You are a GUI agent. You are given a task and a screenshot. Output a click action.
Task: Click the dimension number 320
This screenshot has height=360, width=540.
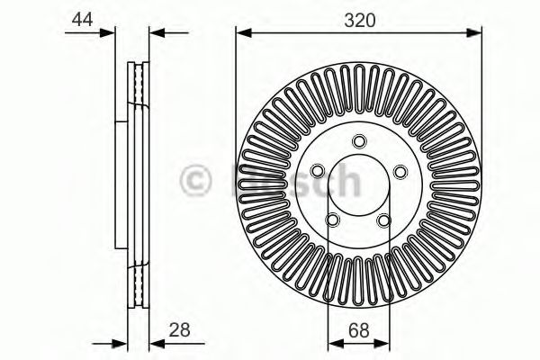pos(359,21)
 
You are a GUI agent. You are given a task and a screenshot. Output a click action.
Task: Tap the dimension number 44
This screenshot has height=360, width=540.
pos(82,19)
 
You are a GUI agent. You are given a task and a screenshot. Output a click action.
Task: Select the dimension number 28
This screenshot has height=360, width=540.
pos(179,329)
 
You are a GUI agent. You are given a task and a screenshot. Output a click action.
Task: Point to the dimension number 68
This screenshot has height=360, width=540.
pos(359,330)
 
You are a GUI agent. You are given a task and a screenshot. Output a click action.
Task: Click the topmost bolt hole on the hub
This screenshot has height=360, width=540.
pos(359,141)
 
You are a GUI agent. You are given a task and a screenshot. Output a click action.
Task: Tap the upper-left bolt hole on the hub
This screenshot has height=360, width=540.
pos(318,170)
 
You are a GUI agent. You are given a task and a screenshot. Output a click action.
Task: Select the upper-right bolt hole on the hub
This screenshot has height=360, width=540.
pos(400,172)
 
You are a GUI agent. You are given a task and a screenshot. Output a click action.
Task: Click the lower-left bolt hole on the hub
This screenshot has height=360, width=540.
pos(333,220)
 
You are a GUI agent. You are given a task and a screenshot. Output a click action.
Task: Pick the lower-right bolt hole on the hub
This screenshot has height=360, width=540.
pos(384,220)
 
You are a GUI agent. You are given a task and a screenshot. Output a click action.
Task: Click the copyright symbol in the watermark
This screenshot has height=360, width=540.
pos(195,180)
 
